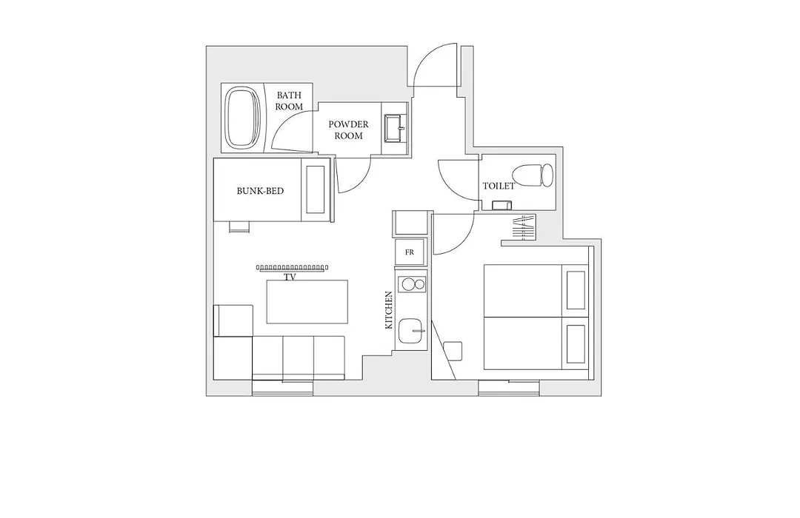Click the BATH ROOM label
[289, 101]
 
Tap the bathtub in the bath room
[243, 117]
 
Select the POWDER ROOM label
[348, 130]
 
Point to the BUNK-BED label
[260, 191]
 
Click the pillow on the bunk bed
[316, 189]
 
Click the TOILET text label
[499, 186]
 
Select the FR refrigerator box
[410, 252]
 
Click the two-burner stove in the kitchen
[413, 284]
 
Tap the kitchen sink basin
[410, 331]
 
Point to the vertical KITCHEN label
[389, 310]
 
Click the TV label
[290, 277]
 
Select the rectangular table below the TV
[307, 301]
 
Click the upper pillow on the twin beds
[576, 290]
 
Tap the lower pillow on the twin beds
[576, 344]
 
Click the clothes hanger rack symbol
[524, 229]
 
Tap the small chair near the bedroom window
[453, 351]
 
